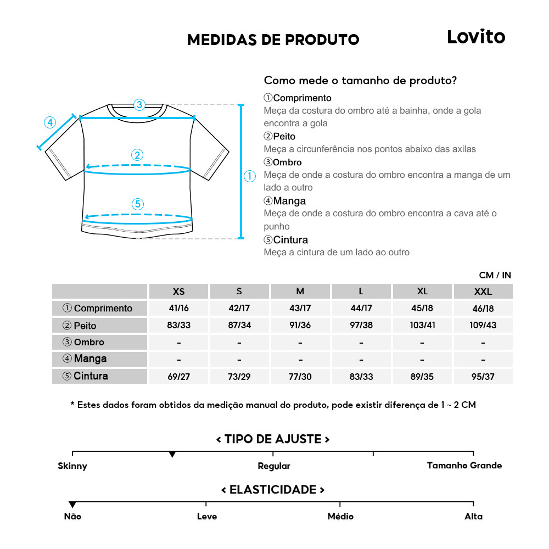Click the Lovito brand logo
tap(476, 37)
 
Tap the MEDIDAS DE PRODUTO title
tap(273, 40)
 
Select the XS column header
tap(178, 292)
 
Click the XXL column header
tap(483, 292)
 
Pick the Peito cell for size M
tap(300, 325)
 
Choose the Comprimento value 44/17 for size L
tap(361, 309)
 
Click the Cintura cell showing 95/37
tap(483, 377)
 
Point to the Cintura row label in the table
tap(100, 376)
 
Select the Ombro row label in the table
tap(100, 342)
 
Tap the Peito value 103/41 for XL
tap(422, 325)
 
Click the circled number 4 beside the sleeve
tap(50, 122)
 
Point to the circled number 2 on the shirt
tap(137, 155)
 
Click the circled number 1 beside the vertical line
tap(250, 176)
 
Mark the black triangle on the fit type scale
tap(172, 455)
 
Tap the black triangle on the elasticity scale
tap(72, 505)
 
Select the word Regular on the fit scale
tap(273, 466)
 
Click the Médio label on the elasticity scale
tap(340, 517)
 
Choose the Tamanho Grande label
tap(464, 466)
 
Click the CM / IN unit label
tap(495, 275)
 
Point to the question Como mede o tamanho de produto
tap(360, 80)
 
